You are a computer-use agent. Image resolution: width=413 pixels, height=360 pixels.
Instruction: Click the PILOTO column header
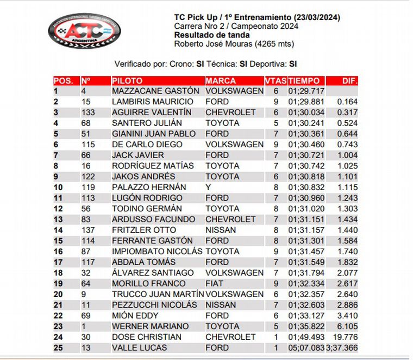(127, 81)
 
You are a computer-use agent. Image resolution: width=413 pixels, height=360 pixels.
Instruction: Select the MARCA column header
(221, 81)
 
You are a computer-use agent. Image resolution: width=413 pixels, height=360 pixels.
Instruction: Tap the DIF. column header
(349, 81)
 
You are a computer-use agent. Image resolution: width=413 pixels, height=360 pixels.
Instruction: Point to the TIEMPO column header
(304, 81)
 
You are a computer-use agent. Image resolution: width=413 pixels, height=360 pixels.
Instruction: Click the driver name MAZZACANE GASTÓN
(148, 91)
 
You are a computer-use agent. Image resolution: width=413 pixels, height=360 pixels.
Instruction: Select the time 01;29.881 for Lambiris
(306, 102)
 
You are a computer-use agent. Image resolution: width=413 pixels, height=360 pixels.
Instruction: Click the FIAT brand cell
(214, 283)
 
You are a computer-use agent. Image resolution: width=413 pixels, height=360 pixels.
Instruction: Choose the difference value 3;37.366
(342, 348)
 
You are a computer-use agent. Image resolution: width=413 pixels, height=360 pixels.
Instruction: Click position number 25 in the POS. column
(58, 348)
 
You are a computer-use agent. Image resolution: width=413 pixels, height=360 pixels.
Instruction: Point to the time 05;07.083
(306, 348)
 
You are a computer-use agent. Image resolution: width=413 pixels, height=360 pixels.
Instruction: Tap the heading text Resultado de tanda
(212, 35)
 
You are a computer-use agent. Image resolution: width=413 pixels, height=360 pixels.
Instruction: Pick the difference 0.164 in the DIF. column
(347, 102)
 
